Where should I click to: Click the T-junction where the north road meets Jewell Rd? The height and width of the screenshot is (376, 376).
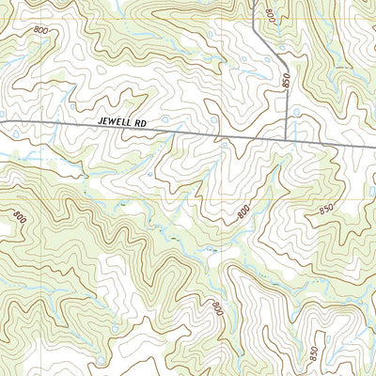click(286, 142)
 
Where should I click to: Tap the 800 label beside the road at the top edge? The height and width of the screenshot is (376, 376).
click(272, 16)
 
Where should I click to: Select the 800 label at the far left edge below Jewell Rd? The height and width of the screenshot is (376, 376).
click(17, 218)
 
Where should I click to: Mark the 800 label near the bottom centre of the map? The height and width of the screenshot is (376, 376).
click(217, 308)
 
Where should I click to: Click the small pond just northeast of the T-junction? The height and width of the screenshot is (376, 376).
click(297, 111)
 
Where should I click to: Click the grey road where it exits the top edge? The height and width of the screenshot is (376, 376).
click(256, 2)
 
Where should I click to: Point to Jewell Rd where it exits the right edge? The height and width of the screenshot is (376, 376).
click(374, 147)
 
